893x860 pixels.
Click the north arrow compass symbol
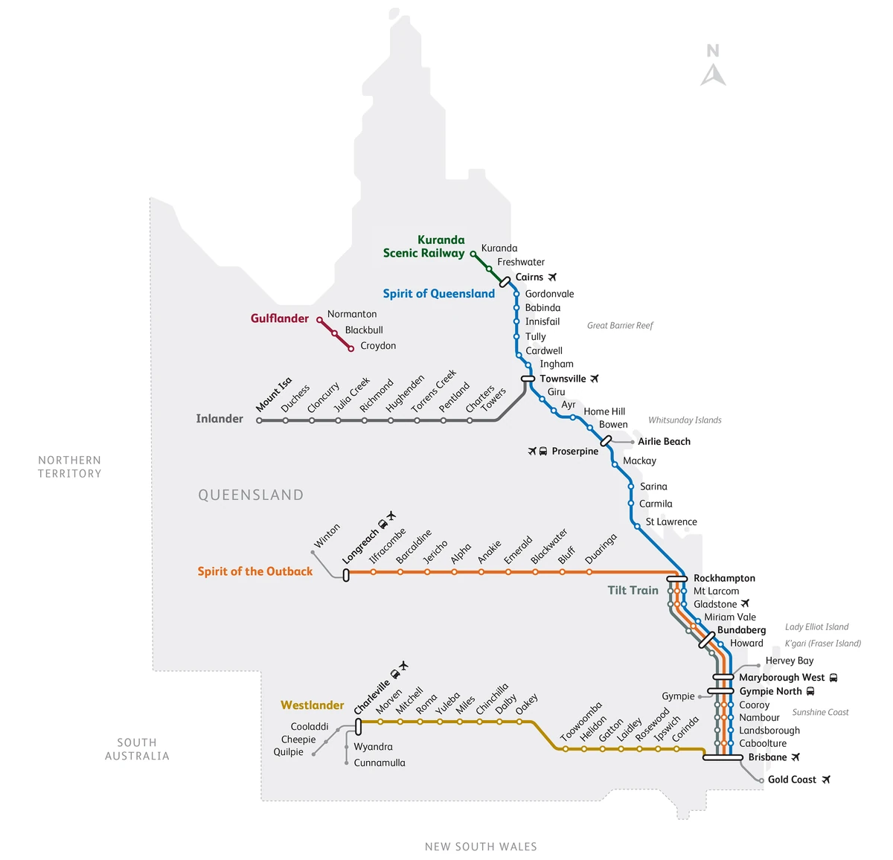[713, 65]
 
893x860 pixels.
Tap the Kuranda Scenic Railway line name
[424, 246]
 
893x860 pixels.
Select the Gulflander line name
[279, 318]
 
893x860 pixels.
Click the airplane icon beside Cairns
[552, 277]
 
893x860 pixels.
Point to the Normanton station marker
[320, 320]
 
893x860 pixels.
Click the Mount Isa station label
[274, 394]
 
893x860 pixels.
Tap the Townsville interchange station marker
[528, 379]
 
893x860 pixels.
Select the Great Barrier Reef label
[619, 325]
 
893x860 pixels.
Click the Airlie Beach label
[664, 442]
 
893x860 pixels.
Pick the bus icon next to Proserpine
[543, 452]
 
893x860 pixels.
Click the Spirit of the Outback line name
[255, 571]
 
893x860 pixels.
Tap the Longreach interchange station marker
[346, 574]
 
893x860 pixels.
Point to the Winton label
[327, 536]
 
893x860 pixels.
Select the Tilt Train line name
[633, 590]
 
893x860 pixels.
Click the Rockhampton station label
[724, 578]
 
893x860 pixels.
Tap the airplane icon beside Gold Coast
[825, 780]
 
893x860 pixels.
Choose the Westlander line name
[312, 705]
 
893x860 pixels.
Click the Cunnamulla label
[379, 763]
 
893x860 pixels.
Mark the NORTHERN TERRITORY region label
[69, 467]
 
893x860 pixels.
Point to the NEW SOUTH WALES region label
[481, 847]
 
